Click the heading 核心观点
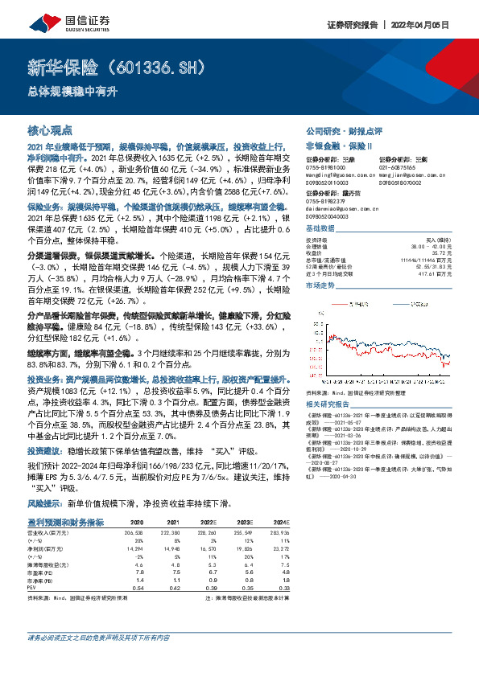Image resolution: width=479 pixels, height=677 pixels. pyautogui.click(x=50, y=129)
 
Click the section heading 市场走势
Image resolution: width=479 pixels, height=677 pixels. pyautogui.click(x=320, y=285)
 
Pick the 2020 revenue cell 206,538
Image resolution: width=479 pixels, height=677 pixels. pyautogui.click(x=132, y=532)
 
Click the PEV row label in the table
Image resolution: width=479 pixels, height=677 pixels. pyautogui.click(x=33, y=588)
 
